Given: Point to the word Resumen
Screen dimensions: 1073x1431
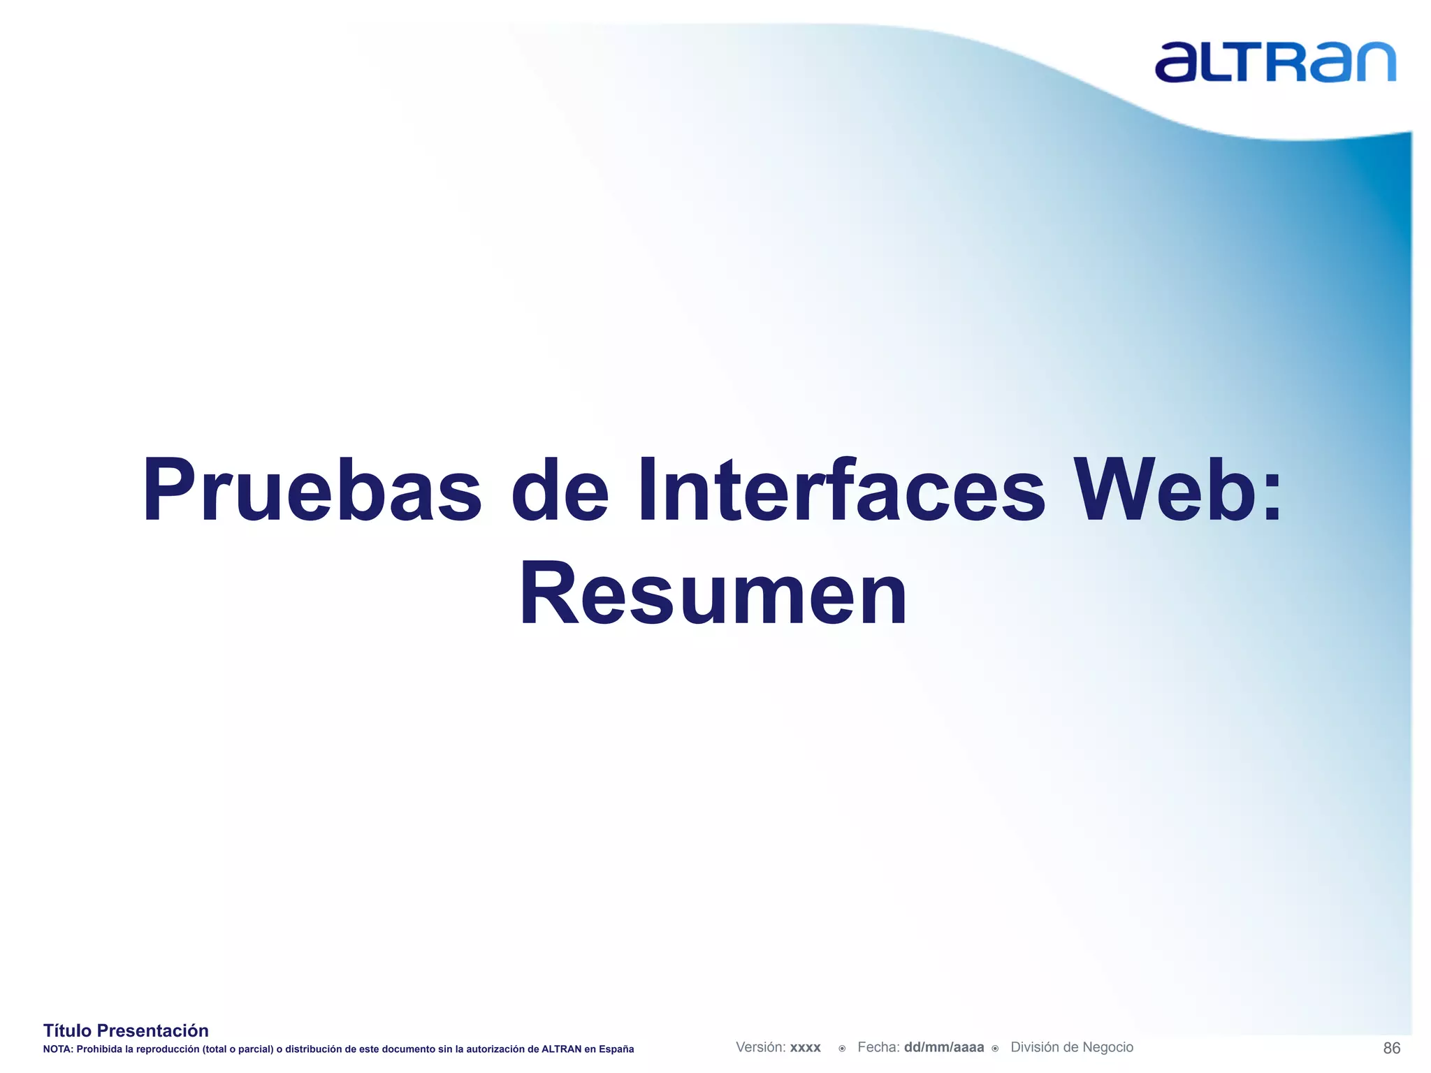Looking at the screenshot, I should coord(713,594).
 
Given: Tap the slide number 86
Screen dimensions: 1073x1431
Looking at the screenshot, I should coord(1391,1048).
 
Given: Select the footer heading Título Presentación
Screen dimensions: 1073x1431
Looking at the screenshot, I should coord(126,1030).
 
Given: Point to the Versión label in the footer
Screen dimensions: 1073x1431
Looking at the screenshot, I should coord(760,1047).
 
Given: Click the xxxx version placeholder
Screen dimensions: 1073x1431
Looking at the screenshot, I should coord(805,1048).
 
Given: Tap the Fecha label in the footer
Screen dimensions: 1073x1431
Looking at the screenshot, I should coord(878,1047).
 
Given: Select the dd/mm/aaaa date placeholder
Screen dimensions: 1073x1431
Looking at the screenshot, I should coord(943,1047).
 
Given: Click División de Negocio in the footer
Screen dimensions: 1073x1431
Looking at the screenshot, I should coord(1072,1047).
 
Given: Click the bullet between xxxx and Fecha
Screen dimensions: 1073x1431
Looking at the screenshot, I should coord(842,1049).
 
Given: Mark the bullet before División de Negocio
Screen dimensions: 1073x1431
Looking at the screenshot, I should coord(995,1049).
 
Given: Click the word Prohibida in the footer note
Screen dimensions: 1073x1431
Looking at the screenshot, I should coord(99,1049).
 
